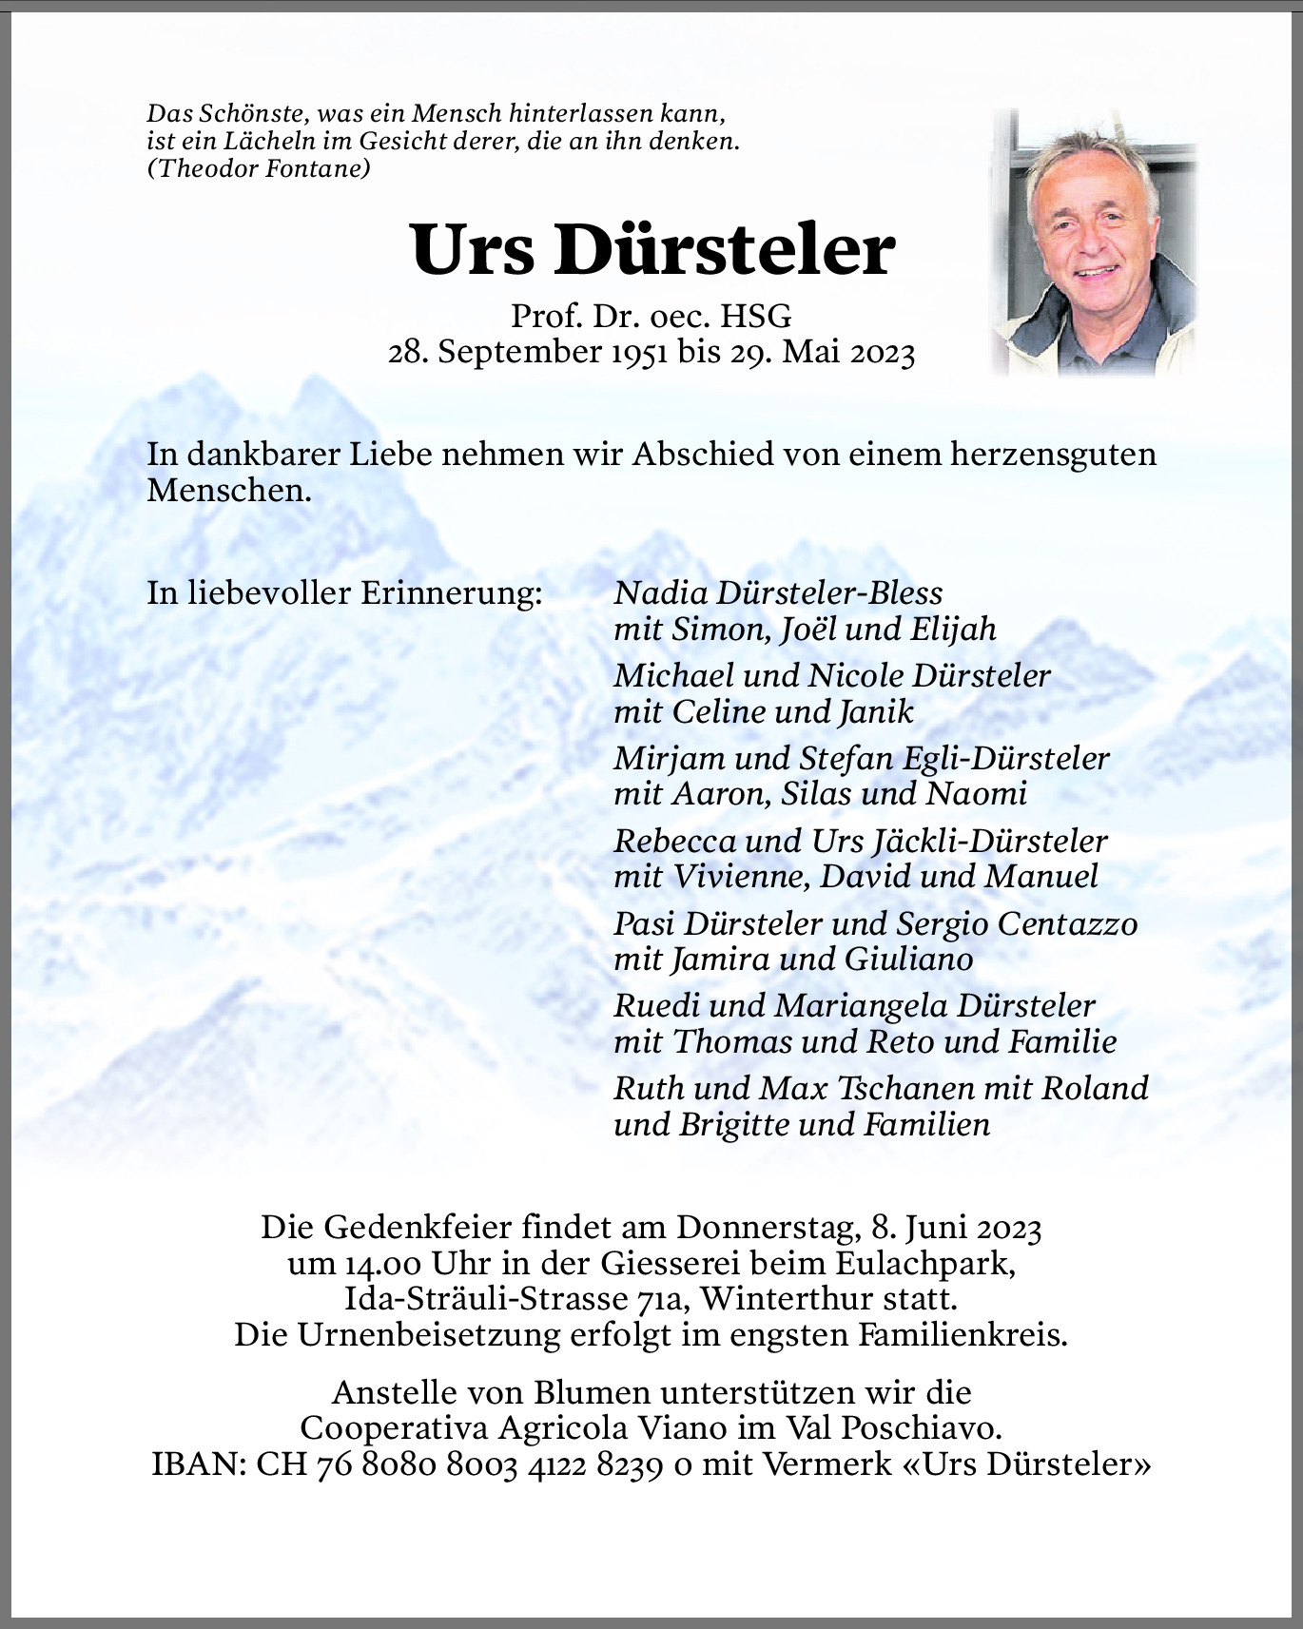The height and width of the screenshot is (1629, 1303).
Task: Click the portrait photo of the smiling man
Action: click(1094, 242)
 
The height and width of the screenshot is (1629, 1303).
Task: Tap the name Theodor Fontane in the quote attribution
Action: click(260, 168)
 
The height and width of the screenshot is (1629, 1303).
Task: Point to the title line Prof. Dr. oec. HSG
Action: click(651, 316)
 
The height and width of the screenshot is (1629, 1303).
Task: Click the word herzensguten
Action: click(1053, 455)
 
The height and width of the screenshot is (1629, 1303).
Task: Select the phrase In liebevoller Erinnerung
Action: click(344, 593)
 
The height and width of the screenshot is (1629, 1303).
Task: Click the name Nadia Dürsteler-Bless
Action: click(778, 593)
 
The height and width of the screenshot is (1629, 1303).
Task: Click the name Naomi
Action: click(977, 794)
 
